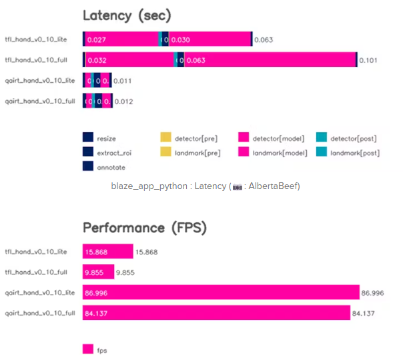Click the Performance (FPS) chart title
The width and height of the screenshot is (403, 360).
tap(144, 227)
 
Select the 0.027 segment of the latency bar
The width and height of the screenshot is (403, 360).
tap(120, 40)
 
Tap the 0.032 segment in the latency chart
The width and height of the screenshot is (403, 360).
tap(128, 60)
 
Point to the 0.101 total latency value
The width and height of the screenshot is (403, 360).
tap(368, 61)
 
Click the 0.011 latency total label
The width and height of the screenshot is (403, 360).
tap(123, 81)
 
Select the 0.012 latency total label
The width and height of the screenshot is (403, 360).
tap(123, 102)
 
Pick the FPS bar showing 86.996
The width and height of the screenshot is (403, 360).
tap(221, 293)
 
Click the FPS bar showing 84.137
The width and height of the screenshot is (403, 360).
tap(216, 313)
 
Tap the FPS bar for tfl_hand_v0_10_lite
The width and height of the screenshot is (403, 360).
tap(108, 252)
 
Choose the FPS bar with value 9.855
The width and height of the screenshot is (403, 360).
tap(99, 272)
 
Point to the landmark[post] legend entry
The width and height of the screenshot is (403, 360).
tap(347, 153)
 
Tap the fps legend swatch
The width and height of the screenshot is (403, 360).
tap(87, 349)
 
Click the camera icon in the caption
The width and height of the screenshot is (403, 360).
tap(236, 186)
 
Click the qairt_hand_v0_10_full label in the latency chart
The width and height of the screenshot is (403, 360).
tap(40, 102)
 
